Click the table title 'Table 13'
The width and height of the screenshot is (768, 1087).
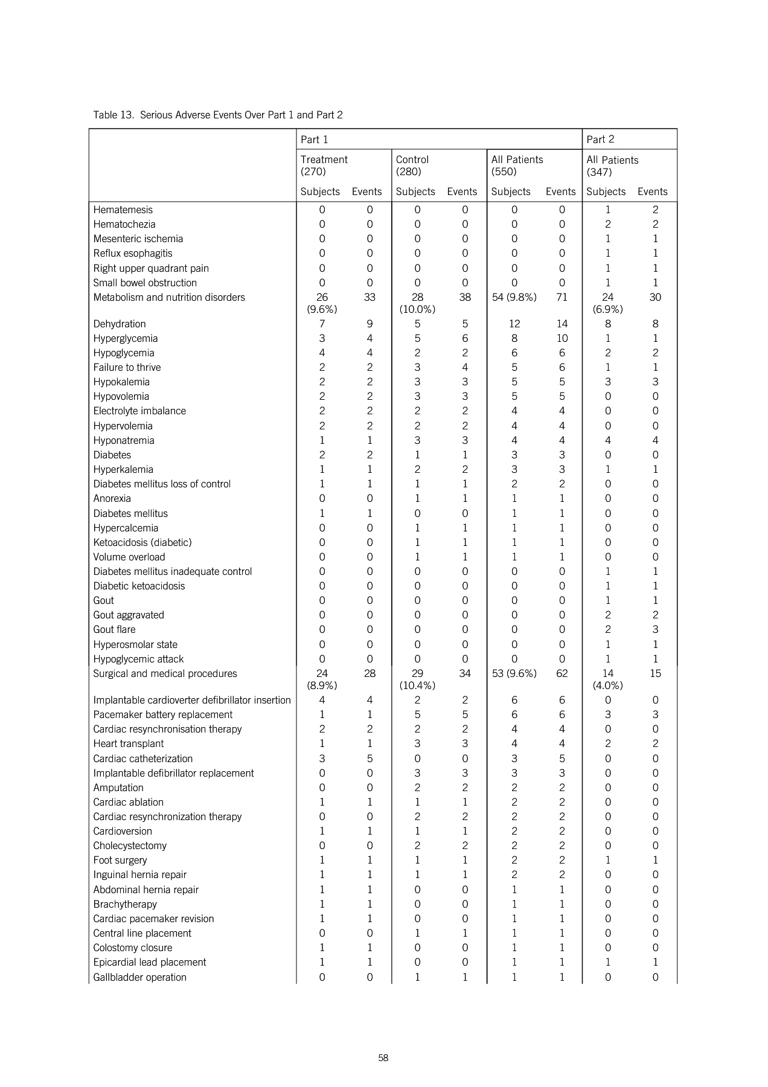click(x=217, y=115)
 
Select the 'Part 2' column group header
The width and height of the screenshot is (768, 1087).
click(x=600, y=139)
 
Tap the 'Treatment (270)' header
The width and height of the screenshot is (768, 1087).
click(x=324, y=165)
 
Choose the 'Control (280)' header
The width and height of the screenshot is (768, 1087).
click(x=412, y=165)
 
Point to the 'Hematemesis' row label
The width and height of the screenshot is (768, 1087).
click(x=123, y=210)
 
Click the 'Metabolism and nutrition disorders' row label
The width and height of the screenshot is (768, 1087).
click(x=169, y=297)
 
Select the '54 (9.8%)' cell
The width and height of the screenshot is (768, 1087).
click(x=514, y=297)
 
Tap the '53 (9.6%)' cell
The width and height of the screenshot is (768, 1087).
click(x=514, y=673)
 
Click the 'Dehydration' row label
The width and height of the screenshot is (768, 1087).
click(x=119, y=324)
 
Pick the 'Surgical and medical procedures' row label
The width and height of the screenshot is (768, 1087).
click(x=165, y=673)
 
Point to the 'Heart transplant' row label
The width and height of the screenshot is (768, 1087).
click(x=128, y=744)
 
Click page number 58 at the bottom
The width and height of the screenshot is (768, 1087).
click(x=383, y=1058)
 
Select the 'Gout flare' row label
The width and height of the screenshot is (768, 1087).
click(x=114, y=629)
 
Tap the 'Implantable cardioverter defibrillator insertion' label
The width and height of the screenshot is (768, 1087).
click(x=192, y=701)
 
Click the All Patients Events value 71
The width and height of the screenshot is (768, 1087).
click(x=562, y=297)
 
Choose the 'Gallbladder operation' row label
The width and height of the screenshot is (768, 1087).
click(x=139, y=977)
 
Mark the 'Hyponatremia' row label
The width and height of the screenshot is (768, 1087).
click(x=123, y=440)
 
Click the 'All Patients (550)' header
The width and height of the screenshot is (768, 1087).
click(x=517, y=165)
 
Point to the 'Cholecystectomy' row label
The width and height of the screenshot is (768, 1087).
click(x=129, y=845)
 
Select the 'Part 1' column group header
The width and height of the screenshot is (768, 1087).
click(x=314, y=139)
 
